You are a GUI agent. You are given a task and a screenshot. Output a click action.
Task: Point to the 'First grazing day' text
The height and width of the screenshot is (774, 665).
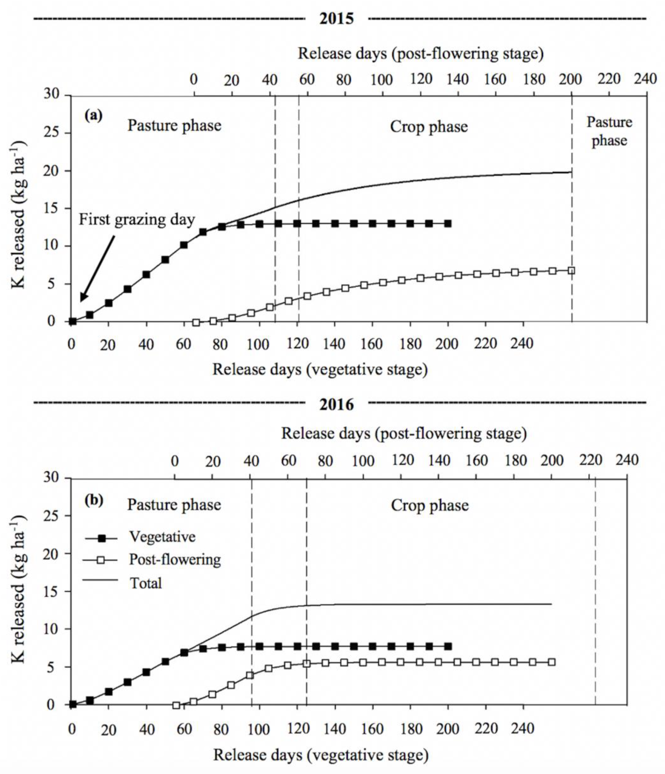click(x=137, y=220)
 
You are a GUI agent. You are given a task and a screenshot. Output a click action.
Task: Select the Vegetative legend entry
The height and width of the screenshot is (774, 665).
click(x=162, y=537)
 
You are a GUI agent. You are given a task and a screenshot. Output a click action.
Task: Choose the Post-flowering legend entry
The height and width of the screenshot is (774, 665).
click(x=174, y=559)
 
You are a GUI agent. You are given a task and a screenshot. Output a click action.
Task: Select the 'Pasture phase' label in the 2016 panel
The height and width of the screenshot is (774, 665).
click(x=174, y=505)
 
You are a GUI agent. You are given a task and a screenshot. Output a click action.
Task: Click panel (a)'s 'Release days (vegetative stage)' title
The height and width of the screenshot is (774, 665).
click(x=320, y=369)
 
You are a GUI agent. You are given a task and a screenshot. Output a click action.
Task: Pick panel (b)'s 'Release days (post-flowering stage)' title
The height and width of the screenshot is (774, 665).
click(x=404, y=433)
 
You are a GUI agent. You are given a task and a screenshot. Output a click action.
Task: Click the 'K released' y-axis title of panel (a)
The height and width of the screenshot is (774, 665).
click(x=19, y=215)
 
